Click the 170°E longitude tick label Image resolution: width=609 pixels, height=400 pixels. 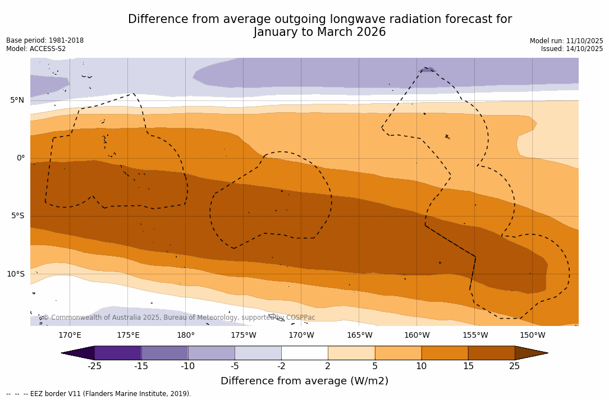coord(70,335)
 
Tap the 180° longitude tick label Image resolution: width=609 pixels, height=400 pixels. coord(185,335)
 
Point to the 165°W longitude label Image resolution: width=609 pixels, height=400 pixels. coord(359,335)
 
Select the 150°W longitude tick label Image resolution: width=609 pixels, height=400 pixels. coord(532,335)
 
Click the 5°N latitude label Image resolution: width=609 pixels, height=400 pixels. coord(17,100)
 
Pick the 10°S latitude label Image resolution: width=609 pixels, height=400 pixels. coord(15,274)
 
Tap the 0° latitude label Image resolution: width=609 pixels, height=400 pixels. coord(21,158)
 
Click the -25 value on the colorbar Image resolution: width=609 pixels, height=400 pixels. coord(94,366)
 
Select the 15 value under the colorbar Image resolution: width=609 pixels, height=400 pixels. coord(468,366)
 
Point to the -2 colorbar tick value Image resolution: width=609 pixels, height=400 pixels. coord(281,366)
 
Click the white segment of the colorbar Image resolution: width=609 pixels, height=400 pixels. coord(304,353)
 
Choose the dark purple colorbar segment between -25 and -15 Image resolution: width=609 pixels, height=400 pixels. coord(118,353)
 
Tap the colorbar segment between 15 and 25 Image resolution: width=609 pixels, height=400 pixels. coord(491,353)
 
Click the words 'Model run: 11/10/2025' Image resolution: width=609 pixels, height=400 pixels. coord(566,41)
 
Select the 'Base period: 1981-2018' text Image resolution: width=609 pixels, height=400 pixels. coord(45,40)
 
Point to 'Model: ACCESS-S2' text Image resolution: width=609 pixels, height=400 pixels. coord(36,49)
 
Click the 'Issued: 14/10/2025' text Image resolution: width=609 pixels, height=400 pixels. coord(572,49)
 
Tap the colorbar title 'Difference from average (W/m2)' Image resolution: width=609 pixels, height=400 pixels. coord(304,381)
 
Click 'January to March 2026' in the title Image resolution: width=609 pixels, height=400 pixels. coord(319,32)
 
